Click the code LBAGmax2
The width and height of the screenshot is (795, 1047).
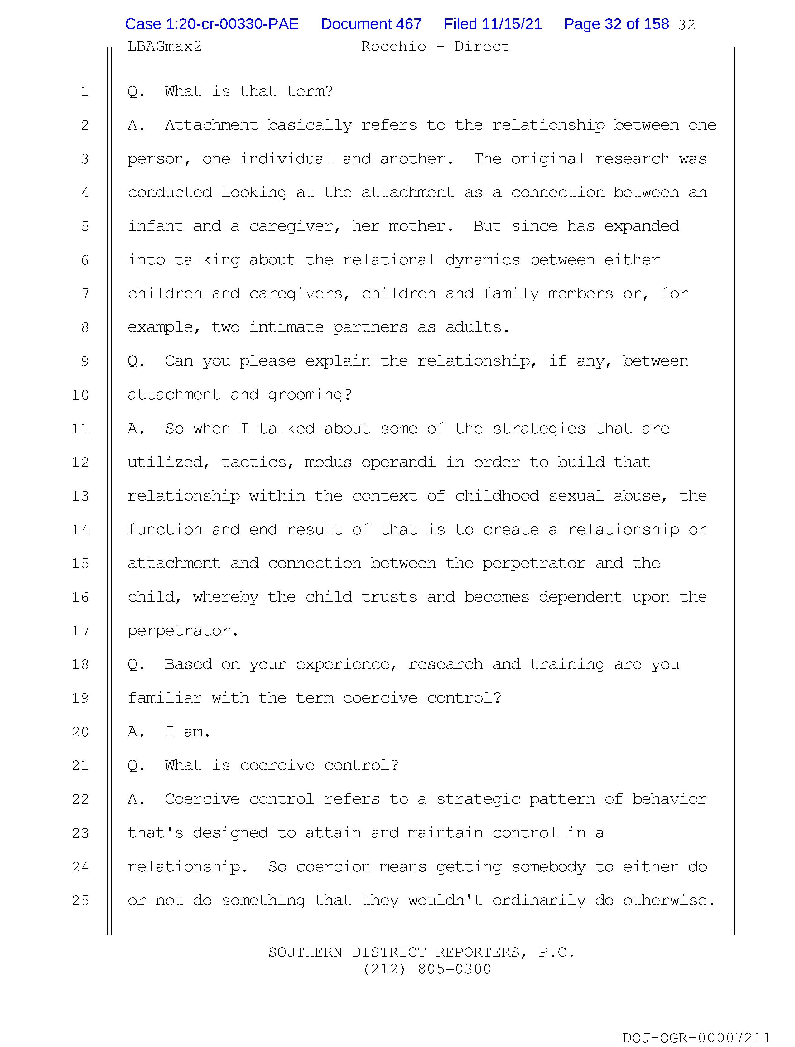pos(164,46)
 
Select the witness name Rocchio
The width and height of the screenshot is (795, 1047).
pos(393,46)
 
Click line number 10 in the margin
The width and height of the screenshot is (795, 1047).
pos(80,395)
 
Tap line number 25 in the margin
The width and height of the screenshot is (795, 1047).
pos(80,900)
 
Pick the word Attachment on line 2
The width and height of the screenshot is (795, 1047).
pos(211,125)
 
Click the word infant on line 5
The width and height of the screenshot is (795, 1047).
pos(155,226)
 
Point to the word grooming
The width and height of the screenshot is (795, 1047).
pos(310,395)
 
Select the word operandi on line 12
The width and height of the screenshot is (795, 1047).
pos(398,463)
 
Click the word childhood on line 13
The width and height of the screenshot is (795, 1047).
pos(497,496)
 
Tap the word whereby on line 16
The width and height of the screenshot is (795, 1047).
pos(225,597)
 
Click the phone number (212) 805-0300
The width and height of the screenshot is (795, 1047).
pos(427,969)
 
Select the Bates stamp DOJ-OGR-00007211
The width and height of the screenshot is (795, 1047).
pos(696,1038)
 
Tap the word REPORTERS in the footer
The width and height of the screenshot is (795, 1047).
pos(478,952)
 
